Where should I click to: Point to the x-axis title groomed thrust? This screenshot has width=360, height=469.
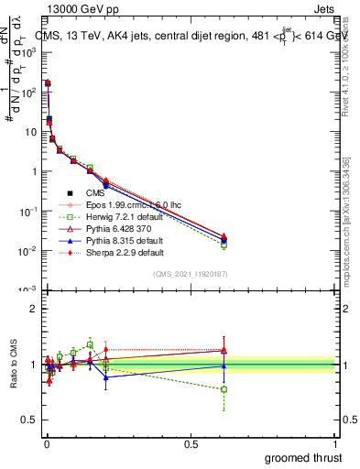pyautogui.click(x=303, y=457)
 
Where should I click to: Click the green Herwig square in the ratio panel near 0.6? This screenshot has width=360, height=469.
pyautogui.click(x=224, y=389)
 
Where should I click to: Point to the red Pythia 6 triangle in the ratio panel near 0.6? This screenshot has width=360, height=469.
pyautogui.click(x=224, y=350)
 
